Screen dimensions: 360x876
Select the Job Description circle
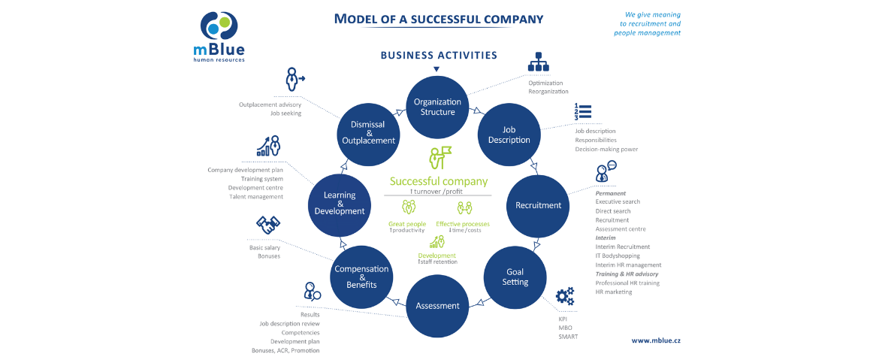[509, 135]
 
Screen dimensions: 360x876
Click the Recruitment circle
[538, 205]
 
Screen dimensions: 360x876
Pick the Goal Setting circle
[515, 277]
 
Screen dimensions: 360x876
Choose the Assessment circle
[437, 306]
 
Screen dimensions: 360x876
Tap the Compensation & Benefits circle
[361, 277]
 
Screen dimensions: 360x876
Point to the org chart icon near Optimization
[539, 63]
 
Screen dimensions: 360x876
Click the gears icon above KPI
[565, 296]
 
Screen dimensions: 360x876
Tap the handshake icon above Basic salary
[267, 224]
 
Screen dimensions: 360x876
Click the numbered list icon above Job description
[582, 112]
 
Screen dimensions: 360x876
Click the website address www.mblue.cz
[656, 340]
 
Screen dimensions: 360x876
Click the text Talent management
[256, 197]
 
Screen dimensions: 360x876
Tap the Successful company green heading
[438, 181]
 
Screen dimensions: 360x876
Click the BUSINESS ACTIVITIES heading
[439, 55]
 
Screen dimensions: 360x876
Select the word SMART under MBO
[568, 336]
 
